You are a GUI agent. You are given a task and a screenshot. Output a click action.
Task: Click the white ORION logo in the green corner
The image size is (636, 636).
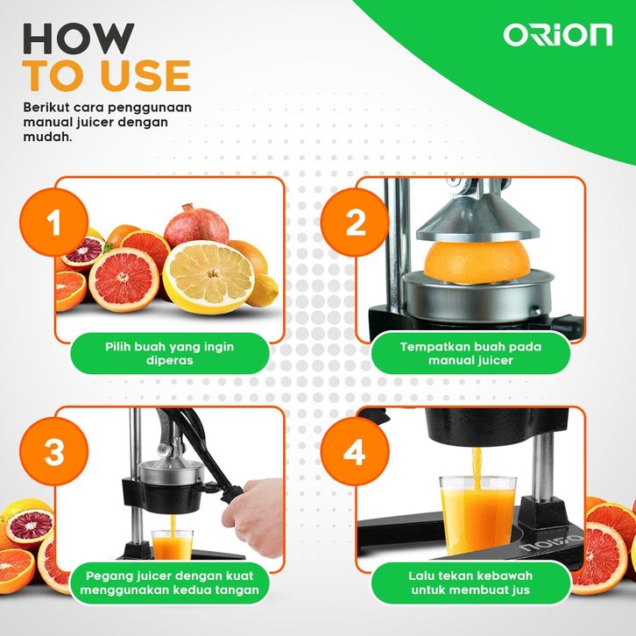click(558, 35)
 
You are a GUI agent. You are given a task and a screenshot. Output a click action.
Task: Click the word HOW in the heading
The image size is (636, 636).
click(78, 39)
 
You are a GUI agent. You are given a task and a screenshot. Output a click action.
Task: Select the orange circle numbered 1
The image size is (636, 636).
click(54, 223)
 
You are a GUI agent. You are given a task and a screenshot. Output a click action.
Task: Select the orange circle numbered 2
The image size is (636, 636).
click(355, 223)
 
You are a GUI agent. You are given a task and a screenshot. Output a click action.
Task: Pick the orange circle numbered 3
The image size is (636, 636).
click(54, 451)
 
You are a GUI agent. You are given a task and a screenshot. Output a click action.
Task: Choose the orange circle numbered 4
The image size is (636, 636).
click(355, 451)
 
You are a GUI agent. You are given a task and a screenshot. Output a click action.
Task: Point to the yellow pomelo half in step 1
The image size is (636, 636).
click(208, 277)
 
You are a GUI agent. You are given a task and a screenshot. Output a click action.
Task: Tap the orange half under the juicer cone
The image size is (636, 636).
click(477, 262)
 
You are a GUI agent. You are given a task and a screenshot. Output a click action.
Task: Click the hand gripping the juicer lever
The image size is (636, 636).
click(253, 517)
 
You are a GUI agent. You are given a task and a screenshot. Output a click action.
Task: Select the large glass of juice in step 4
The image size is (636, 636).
click(477, 514)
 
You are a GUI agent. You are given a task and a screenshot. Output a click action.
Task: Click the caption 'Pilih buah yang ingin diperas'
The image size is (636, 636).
click(170, 353)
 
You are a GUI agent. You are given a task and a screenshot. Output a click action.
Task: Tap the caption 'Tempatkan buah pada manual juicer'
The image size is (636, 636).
click(470, 353)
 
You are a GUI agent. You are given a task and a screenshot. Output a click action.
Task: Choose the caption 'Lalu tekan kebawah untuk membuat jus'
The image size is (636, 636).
click(470, 583)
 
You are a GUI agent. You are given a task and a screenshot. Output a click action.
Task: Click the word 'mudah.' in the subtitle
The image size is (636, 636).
click(47, 137)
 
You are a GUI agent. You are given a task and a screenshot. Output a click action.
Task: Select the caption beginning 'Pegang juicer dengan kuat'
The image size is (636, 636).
click(170, 583)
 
